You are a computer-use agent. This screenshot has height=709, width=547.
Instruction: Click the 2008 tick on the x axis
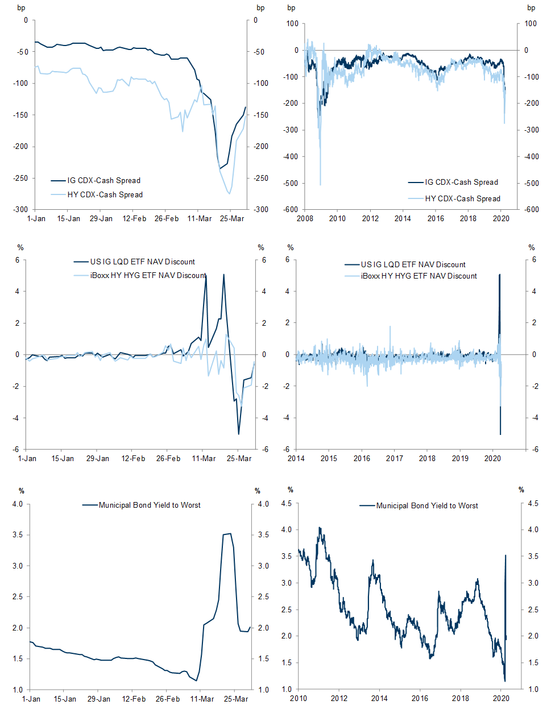(x=305, y=218)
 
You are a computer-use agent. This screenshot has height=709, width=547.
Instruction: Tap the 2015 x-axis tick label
(x=329, y=458)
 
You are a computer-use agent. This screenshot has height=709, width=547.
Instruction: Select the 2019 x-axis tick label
(x=460, y=458)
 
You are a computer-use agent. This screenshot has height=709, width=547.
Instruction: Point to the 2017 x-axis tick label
(x=395, y=458)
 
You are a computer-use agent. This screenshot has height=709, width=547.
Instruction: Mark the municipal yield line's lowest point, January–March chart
(x=197, y=681)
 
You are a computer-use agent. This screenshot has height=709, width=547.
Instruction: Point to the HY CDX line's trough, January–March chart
(x=230, y=193)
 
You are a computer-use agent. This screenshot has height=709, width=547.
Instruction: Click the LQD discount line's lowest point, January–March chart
(x=239, y=434)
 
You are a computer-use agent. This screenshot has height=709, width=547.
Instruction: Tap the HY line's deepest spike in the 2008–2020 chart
(x=320, y=185)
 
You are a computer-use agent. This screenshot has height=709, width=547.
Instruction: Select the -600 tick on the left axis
(x=292, y=210)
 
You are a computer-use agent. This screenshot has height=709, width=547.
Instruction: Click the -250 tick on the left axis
(x=21, y=178)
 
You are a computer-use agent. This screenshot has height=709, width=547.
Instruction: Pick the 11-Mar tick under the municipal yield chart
(x=202, y=699)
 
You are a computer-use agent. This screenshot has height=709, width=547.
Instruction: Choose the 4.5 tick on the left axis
(x=287, y=503)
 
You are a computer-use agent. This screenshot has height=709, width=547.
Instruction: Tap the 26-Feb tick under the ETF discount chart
(x=168, y=458)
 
